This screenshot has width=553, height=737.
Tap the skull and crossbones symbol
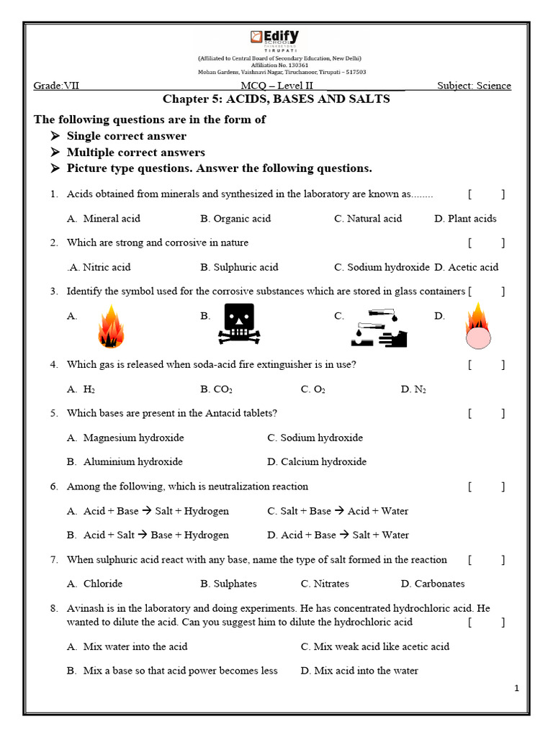pyautogui.click(x=238, y=322)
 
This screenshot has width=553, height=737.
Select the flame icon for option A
pyautogui.click(x=110, y=325)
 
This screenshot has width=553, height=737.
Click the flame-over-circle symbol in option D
pyautogui.click(x=477, y=325)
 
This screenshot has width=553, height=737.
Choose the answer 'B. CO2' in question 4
pyautogui.click(x=216, y=389)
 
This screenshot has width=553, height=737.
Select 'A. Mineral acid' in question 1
pyautogui.click(x=104, y=219)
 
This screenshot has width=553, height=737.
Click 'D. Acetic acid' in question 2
pyautogui.click(x=466, y=267)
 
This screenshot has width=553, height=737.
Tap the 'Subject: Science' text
pyautogui.click(x=474, y=86)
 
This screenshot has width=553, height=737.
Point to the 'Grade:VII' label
pyautogui.click(x=57, y=86)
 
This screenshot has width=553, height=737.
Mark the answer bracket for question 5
pyautogui.click(x=486, y=413)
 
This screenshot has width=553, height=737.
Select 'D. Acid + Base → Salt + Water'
pyautogui.click(x=338, y=535)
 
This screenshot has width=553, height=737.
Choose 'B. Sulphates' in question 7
pyautogui.click(x=228, y=584)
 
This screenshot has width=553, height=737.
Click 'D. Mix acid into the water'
pyautogui.click(x=359, y=671)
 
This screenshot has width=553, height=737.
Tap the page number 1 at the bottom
pyautogui.click(x=516, y=689)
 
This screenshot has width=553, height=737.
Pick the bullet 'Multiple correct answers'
pyautogui.click(x=135, y=153)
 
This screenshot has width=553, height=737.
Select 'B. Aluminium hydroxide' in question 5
pyautogui.click(x=125, y=462)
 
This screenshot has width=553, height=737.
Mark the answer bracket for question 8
pyautogui.click(x=486, y=622)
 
